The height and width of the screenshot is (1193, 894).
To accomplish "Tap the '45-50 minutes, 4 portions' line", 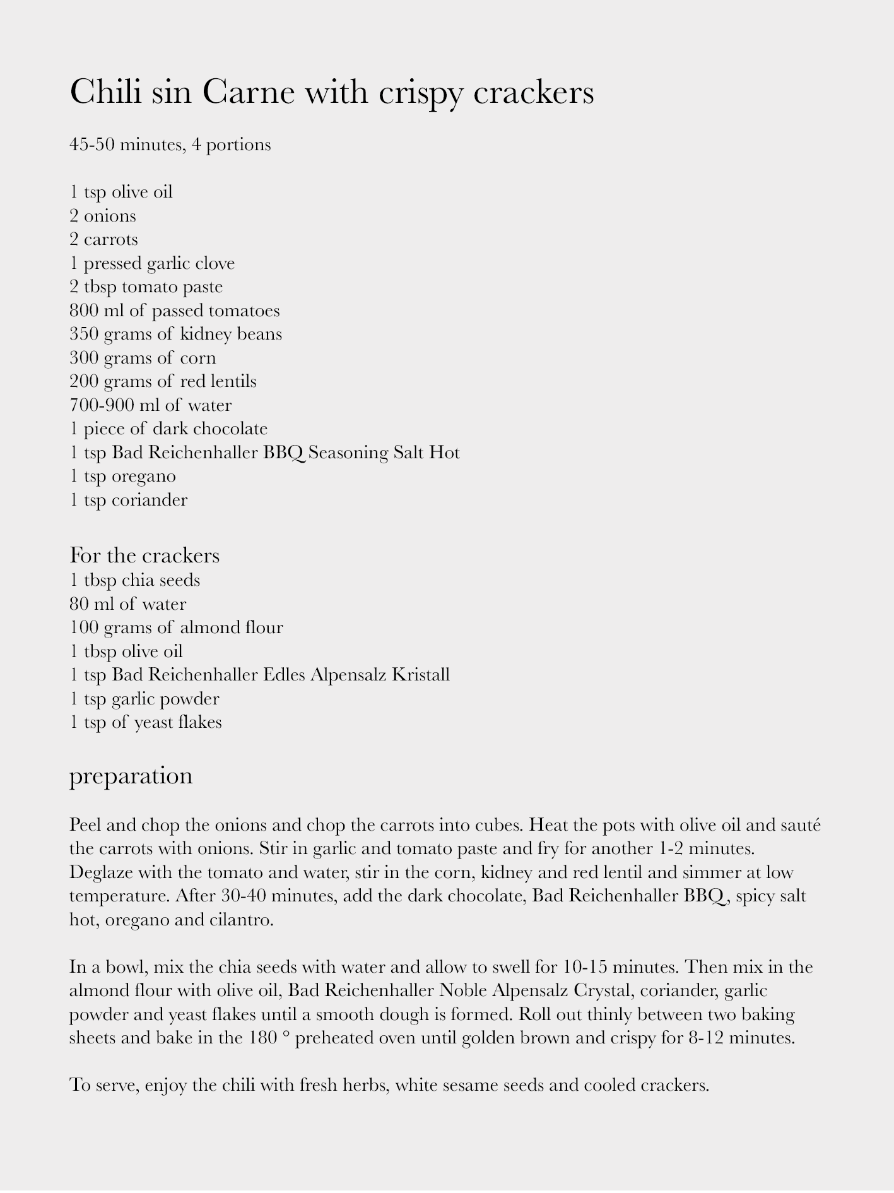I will pyautogui.click(x=170, y=145).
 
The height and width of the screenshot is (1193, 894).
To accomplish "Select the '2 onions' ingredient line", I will pyautogui.click(x=103, y=216).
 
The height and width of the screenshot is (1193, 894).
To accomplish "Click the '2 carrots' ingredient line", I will pyautogui.click(x=104, y=240).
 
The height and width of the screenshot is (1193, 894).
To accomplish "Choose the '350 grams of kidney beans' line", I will pyautogui.click(x=175, y=334).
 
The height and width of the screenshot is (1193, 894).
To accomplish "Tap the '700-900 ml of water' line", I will pyautogui.click(x=150, y=405).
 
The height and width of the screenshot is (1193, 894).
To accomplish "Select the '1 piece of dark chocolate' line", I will pyautogui.click(x=168, y=429).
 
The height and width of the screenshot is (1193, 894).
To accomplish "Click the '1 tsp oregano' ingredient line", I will pyautogui.click(x=122, y=476).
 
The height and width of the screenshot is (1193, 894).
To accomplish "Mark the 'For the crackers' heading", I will pyautogui.click(x=144, y=555).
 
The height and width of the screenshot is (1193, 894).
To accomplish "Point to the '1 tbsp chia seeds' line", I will pyautogui.click(x=134, y=580).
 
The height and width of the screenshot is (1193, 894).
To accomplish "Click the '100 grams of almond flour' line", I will pyautogui.click(x=176, y=627).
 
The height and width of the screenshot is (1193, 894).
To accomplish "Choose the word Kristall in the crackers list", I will pyautogui.click(x=421, y=675).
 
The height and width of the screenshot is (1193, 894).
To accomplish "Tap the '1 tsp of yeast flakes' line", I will pyautogui.click(x=146, y=722).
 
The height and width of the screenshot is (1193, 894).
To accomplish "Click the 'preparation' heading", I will pyautogui.click(x=131, y=775).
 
